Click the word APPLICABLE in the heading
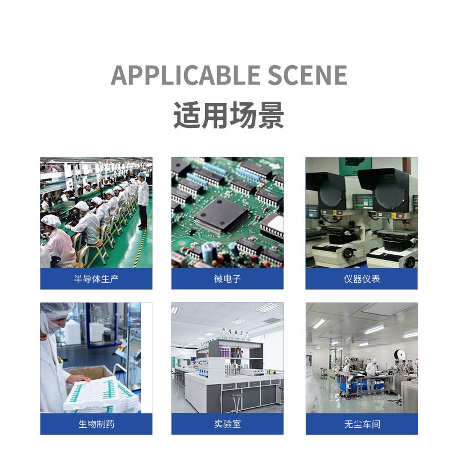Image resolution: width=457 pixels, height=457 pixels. pyautogui.click(x=186, y=75)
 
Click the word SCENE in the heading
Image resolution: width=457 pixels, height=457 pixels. pyautogui.click(x=307, y=75)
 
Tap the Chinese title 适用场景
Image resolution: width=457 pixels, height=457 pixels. pyautogui.click(x=229, y=115)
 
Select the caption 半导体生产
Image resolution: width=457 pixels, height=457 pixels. pyautogui.click(x=96, y=279)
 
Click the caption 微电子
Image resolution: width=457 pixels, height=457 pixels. pyautogui.click(x=227, y=279)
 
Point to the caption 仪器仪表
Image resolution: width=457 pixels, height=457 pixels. pyautogui.click(x=362, y=279)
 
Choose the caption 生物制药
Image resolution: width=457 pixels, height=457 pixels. pyautogui.click(x=96, y=424)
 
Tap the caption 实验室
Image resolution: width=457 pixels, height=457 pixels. pyautogui.click(x=227, y=424)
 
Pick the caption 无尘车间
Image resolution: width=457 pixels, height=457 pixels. pyautogui.click(x=362, y=424)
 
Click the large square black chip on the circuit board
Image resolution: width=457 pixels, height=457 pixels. pyautogui.click(x=222, y=216)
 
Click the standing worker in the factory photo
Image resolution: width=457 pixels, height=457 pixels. pyautogui.click(x=142, y=201)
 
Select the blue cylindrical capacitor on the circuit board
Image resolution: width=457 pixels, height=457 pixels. pyautogui.click(x=209, y=252)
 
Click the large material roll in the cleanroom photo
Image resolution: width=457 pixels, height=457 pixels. pyautogui.click(x=400, y=355)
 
